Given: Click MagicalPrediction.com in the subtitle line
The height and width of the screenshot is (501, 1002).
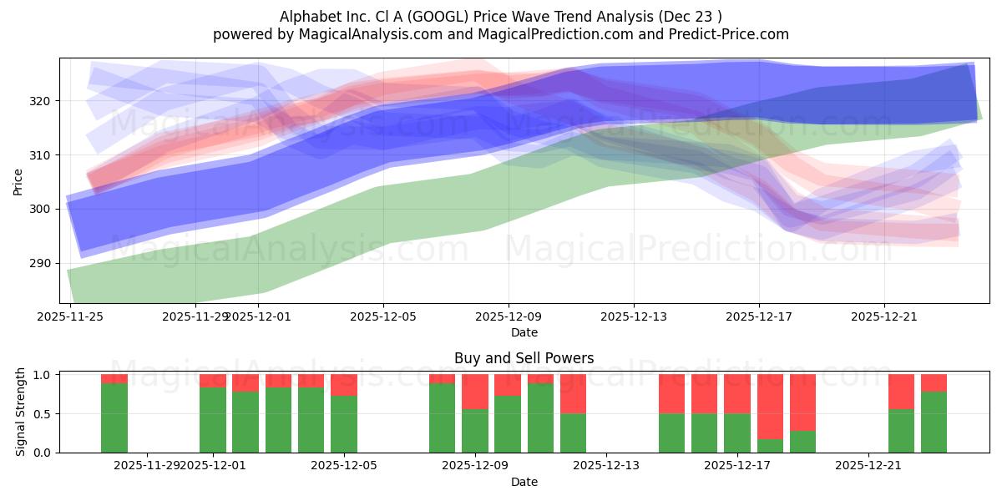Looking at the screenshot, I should (x=557, y=34).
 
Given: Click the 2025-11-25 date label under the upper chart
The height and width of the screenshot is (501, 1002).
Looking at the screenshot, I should (x=70, y=316).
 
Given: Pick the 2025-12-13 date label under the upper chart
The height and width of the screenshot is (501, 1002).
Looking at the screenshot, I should (x=634, y=316).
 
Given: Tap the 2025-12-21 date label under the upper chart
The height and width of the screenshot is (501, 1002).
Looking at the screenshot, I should (x=884, y=316).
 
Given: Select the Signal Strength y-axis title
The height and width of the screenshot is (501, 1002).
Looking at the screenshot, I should (x=22, y=412).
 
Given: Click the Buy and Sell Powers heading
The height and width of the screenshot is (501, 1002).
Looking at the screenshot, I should (x=524, y=358).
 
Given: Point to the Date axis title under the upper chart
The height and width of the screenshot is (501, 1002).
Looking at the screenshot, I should (x=524, y=332).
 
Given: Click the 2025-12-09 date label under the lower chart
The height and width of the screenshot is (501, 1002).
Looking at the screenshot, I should (x=475, y=466).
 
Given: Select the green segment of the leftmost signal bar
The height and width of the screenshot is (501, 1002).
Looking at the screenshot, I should (x=114, y=417).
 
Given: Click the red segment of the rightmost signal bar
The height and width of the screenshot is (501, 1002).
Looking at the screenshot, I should (x=934, y=382).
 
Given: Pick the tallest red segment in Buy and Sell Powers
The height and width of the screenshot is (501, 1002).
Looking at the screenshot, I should (x=770, y=406).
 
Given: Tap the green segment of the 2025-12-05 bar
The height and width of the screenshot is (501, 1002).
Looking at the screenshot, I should (x=344, y=424).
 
